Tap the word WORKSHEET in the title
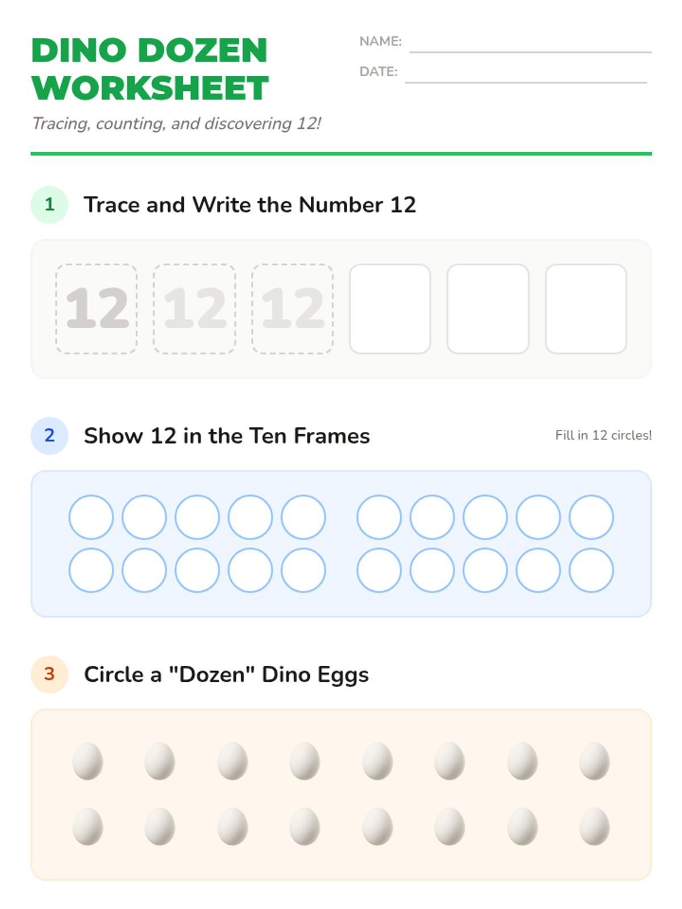point(150,88)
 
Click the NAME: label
point(380,41)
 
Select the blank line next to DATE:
point(526,82)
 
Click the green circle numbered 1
point(49,205)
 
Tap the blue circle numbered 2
point(49,435)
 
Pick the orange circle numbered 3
point(49,674)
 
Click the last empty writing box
point(586,308)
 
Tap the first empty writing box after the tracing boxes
point(390,308)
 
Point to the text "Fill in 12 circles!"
point(604,435)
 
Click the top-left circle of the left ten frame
point(91,517)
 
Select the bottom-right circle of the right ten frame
point(591,570)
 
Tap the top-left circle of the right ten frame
point(379,517)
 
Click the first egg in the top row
point(88,761)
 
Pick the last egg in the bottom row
point(594,826)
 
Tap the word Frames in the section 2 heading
point(332,436)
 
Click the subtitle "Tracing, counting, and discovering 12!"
point(176,124)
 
